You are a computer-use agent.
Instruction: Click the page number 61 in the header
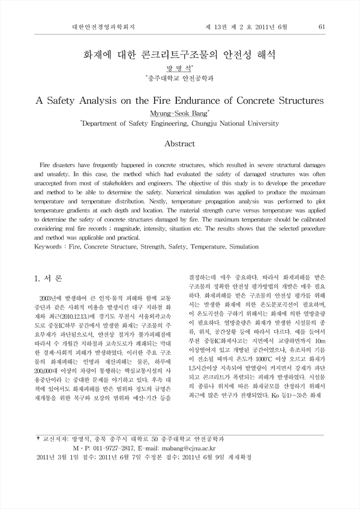click(322, 27)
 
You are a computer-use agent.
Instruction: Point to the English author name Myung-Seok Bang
click(179, 112)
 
